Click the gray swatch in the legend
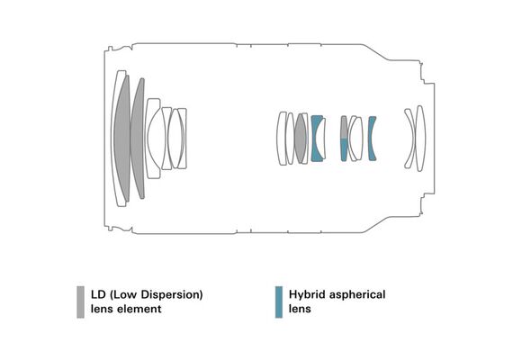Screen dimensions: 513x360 (x=80, y=302)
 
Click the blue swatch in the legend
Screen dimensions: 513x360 (x=279, y=302)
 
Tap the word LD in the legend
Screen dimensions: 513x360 (x=98, y=294)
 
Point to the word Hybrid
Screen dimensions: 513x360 (x=307, y=295)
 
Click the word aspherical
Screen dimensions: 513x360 (x=357, y=295)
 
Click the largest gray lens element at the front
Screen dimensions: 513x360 (x=123, y=139)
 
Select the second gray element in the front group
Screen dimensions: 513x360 (x=139, y=139)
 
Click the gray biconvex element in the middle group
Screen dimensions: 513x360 (x=301, y=139)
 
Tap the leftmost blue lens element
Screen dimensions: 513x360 (x=315, y=139)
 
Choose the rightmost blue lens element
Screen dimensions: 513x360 (x=372, y=139)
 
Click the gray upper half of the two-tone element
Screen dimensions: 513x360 (x=344, y=127)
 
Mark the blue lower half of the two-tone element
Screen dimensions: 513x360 (x=344, y=149)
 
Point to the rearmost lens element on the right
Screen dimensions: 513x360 (x=421, y=139)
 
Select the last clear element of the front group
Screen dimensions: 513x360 (x=182, y=139)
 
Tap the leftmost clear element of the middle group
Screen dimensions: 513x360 (x=282, y=139)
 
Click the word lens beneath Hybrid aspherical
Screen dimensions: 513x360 (x=300, y=309)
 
